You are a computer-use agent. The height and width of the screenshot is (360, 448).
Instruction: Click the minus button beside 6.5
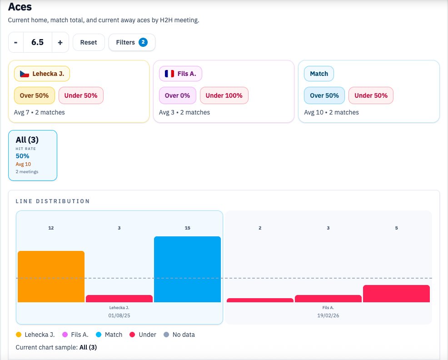16,42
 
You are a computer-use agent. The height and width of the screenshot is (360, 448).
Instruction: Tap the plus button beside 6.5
60,42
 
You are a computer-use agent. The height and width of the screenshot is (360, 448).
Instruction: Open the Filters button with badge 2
132,42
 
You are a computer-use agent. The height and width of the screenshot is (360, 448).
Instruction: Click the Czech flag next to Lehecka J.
25,73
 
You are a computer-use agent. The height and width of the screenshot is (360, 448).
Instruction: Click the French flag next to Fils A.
169,73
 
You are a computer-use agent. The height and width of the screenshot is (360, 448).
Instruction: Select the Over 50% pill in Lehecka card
35,95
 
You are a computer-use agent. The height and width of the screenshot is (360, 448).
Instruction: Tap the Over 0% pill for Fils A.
178,95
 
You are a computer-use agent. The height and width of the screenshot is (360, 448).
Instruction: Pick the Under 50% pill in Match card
371,95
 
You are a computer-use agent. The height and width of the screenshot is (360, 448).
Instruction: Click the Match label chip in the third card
319,73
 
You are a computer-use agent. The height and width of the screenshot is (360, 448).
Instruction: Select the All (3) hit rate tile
33,155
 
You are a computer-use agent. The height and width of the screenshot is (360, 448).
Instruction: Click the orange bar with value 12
51,276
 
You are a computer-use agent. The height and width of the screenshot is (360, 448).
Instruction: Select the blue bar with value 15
187,269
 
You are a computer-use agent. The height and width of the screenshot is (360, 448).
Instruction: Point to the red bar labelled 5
396,294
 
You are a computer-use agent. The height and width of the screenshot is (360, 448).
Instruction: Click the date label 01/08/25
119,315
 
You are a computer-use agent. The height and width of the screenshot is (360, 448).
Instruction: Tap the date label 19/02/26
328,315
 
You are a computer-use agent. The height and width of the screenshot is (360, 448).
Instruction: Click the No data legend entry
179,335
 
